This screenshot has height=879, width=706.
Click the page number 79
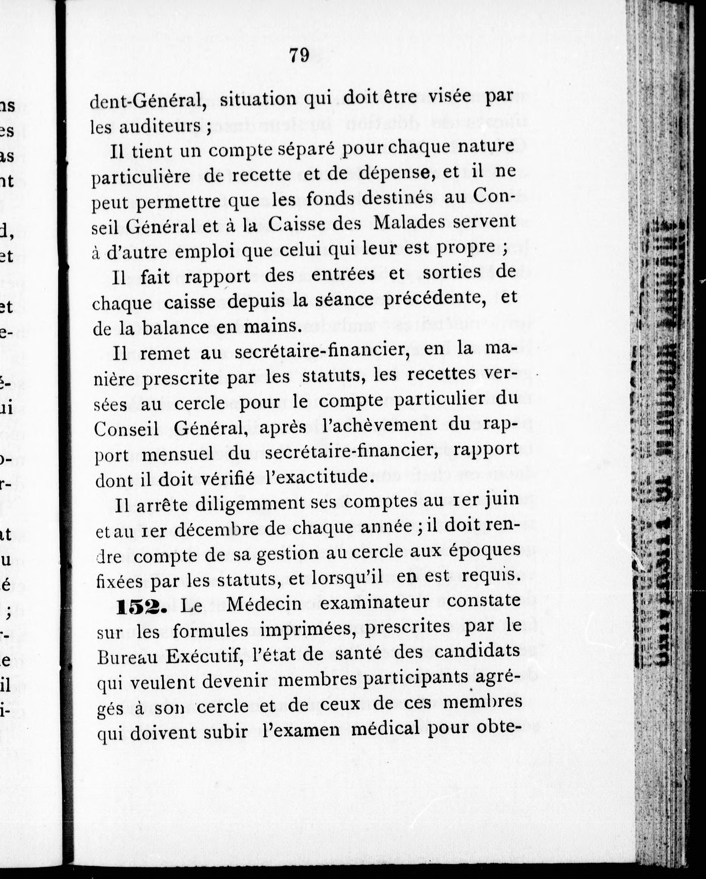tap(299, 55)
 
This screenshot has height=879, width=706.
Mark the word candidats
tap(477, 651)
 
